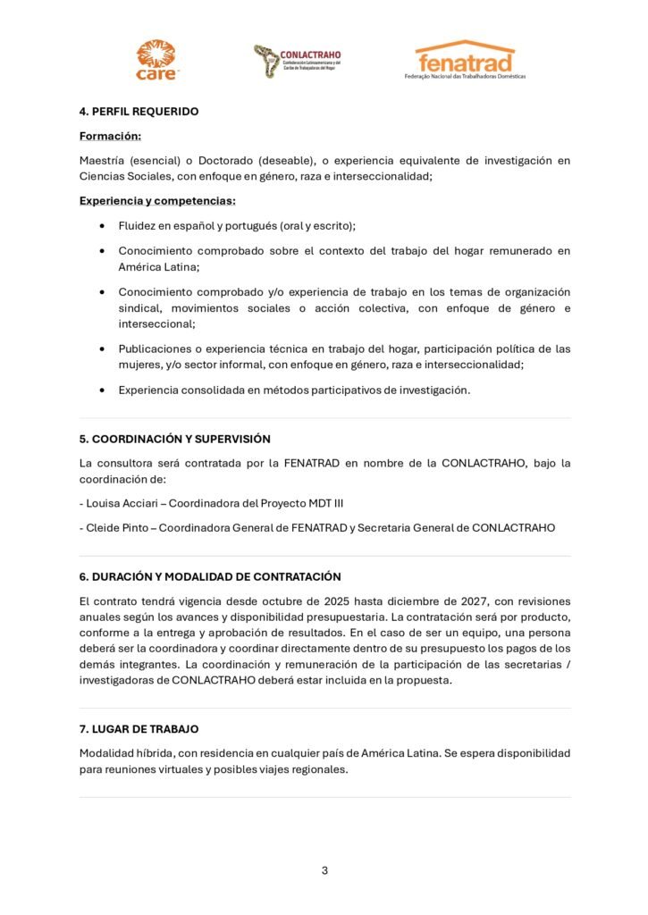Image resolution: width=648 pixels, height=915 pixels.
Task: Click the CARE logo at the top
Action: tap(156, 60)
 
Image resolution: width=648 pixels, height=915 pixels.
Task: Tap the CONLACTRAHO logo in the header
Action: tap(297, 61)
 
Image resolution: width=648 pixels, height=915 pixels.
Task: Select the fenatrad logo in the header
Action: tap(465, 60)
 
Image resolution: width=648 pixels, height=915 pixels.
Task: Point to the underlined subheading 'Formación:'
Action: tap(111, 137)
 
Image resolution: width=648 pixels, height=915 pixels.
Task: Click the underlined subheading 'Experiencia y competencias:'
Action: tap(157, 201)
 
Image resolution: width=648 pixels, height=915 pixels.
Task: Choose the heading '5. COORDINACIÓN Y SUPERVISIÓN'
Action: tap(175, 440)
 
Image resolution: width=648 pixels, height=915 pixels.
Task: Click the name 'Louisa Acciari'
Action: tap(121, 504)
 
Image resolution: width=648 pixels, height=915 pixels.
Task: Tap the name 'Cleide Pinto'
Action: tap(116, 528)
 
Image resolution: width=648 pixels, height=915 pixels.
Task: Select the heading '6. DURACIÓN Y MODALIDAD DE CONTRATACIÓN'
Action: tap(210, 577)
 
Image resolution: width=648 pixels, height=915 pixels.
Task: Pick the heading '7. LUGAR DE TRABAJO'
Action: tap(139, 730)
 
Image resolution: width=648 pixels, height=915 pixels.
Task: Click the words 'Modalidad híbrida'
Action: tap(123, 753)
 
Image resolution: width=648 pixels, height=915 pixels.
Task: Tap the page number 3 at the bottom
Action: tap(324, 870)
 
